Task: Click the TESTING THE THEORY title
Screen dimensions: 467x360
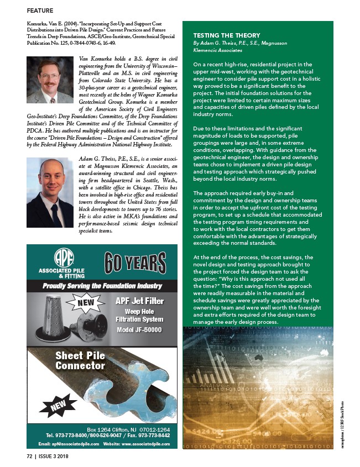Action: click(218, 34)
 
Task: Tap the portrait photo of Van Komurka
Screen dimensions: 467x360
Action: click(50, 80)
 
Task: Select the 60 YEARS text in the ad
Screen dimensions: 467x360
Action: click(135, 262)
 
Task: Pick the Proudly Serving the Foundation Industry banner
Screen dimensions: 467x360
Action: click(103, 286)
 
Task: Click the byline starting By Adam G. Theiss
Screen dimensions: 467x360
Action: click(239, 43)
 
